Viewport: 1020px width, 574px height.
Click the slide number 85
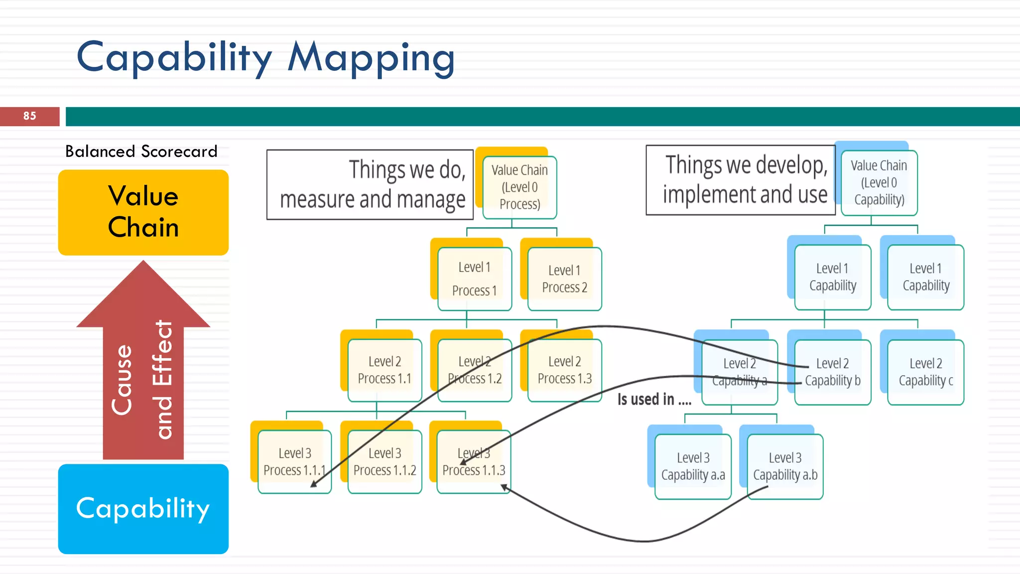29,116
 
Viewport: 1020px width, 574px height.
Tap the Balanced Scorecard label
141,151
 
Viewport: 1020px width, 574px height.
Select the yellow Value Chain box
143,212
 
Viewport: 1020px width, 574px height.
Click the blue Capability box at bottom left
143,509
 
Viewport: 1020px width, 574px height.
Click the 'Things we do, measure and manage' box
370,184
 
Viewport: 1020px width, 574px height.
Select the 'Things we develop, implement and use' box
740,180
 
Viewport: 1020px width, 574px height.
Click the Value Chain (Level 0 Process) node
519,187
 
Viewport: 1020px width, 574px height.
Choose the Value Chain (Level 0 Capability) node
879,183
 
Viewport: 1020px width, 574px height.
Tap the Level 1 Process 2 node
564,279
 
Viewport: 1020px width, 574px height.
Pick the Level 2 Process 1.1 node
384,370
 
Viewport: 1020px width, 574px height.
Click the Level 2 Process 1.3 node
564,370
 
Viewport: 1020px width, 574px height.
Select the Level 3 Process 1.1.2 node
384,462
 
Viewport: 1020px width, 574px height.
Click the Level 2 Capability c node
925,372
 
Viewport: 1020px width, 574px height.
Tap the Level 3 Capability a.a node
693,466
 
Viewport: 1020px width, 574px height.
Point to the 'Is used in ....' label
654,400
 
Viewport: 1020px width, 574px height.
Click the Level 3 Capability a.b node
785,466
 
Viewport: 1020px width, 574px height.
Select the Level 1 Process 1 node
474,279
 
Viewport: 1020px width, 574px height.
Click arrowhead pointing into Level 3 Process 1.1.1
313,484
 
